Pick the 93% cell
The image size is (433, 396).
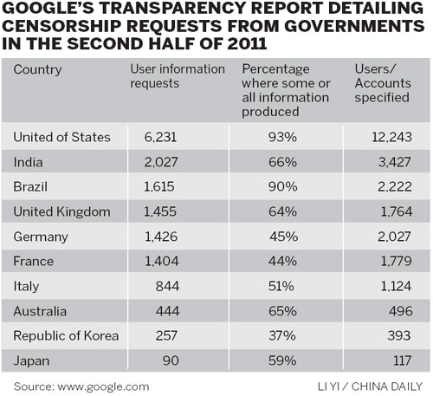284,137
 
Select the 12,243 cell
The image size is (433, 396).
391,137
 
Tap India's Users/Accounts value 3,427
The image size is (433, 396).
395,162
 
